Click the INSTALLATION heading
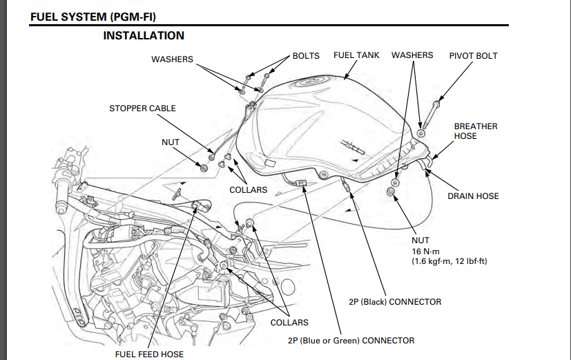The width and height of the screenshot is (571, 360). pos(144,35)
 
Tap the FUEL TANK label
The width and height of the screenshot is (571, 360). pos(356,55)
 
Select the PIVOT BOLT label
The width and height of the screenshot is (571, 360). pos(473,55)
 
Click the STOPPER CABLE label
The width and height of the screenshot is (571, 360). pos(142,108)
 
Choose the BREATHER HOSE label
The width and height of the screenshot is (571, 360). pos(475,131)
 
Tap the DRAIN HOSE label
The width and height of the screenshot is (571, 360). pos(473,196)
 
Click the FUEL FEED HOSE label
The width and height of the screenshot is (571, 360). pos(149,354)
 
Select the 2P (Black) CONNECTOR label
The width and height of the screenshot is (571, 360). pos(395,302)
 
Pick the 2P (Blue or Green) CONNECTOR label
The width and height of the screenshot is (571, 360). pos(351,340)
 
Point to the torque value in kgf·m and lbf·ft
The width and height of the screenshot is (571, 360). pos(449,261)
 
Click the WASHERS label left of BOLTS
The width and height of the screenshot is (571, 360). pos(172,59)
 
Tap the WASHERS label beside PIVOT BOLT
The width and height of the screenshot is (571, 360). pos(412,55)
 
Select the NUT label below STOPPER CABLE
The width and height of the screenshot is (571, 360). pos(171,142)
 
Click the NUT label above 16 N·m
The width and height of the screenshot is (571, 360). pos(420,240)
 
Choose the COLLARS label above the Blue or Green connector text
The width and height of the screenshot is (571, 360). pos(289,323)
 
